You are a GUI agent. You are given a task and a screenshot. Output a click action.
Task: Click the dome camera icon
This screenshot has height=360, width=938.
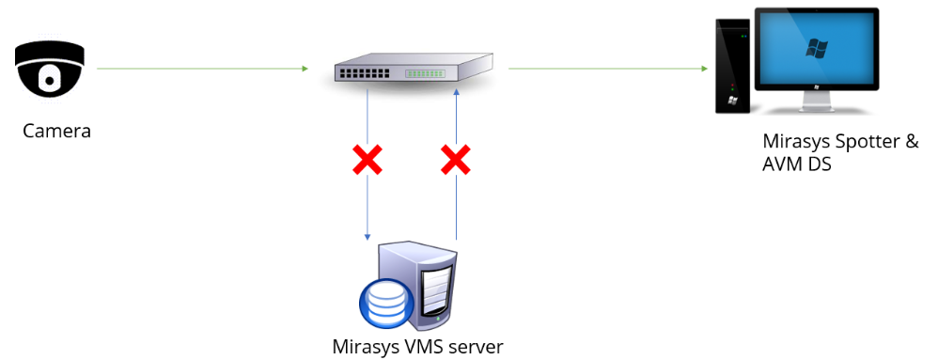49,67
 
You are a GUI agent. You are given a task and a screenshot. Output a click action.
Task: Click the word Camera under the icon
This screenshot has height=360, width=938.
57,131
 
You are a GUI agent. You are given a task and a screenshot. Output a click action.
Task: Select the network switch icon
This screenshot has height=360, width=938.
413,70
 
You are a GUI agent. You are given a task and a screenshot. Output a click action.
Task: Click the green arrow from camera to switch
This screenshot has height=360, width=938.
202,68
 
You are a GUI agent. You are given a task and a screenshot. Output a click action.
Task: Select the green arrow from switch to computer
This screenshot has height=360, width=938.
606,68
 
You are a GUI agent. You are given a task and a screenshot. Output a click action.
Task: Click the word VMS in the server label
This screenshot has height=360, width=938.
419,346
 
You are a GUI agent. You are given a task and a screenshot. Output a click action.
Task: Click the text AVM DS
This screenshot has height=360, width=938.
797,164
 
